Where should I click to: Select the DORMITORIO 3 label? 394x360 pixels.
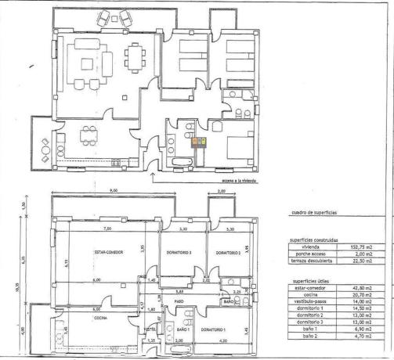pyautogui.click(x=179, y=254)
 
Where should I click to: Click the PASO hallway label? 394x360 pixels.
pyautogui.click(x=179, y=300)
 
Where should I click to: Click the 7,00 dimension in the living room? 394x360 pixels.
pyautogui.click(x=107, y=229)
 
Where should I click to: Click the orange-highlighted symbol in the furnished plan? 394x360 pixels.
pyautogui.click(x=200, y=142)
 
